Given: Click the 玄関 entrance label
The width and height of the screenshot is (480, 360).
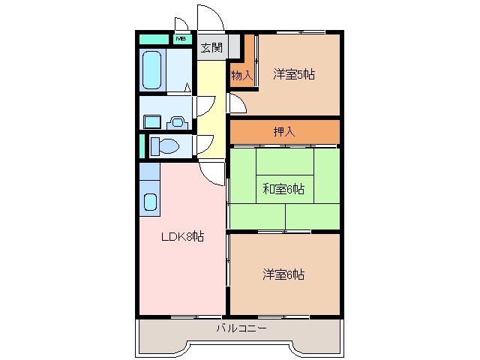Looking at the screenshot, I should (211, 48).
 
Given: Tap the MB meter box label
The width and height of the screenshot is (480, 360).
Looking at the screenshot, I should (181, 37).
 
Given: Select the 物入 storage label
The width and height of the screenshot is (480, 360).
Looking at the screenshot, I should (241, 75).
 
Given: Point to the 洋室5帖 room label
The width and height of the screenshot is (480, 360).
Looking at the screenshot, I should (293, 74).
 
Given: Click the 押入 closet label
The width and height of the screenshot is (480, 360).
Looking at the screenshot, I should (284, 132).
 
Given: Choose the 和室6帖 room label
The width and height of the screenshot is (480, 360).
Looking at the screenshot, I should (283, 188).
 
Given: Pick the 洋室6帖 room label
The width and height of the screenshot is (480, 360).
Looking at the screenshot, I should (283, 274).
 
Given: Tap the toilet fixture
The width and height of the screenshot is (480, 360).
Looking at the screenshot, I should (163, 145).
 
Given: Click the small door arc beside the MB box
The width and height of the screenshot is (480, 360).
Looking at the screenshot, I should (181, 24).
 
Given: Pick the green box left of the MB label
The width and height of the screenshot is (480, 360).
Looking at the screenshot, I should (154, 37).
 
